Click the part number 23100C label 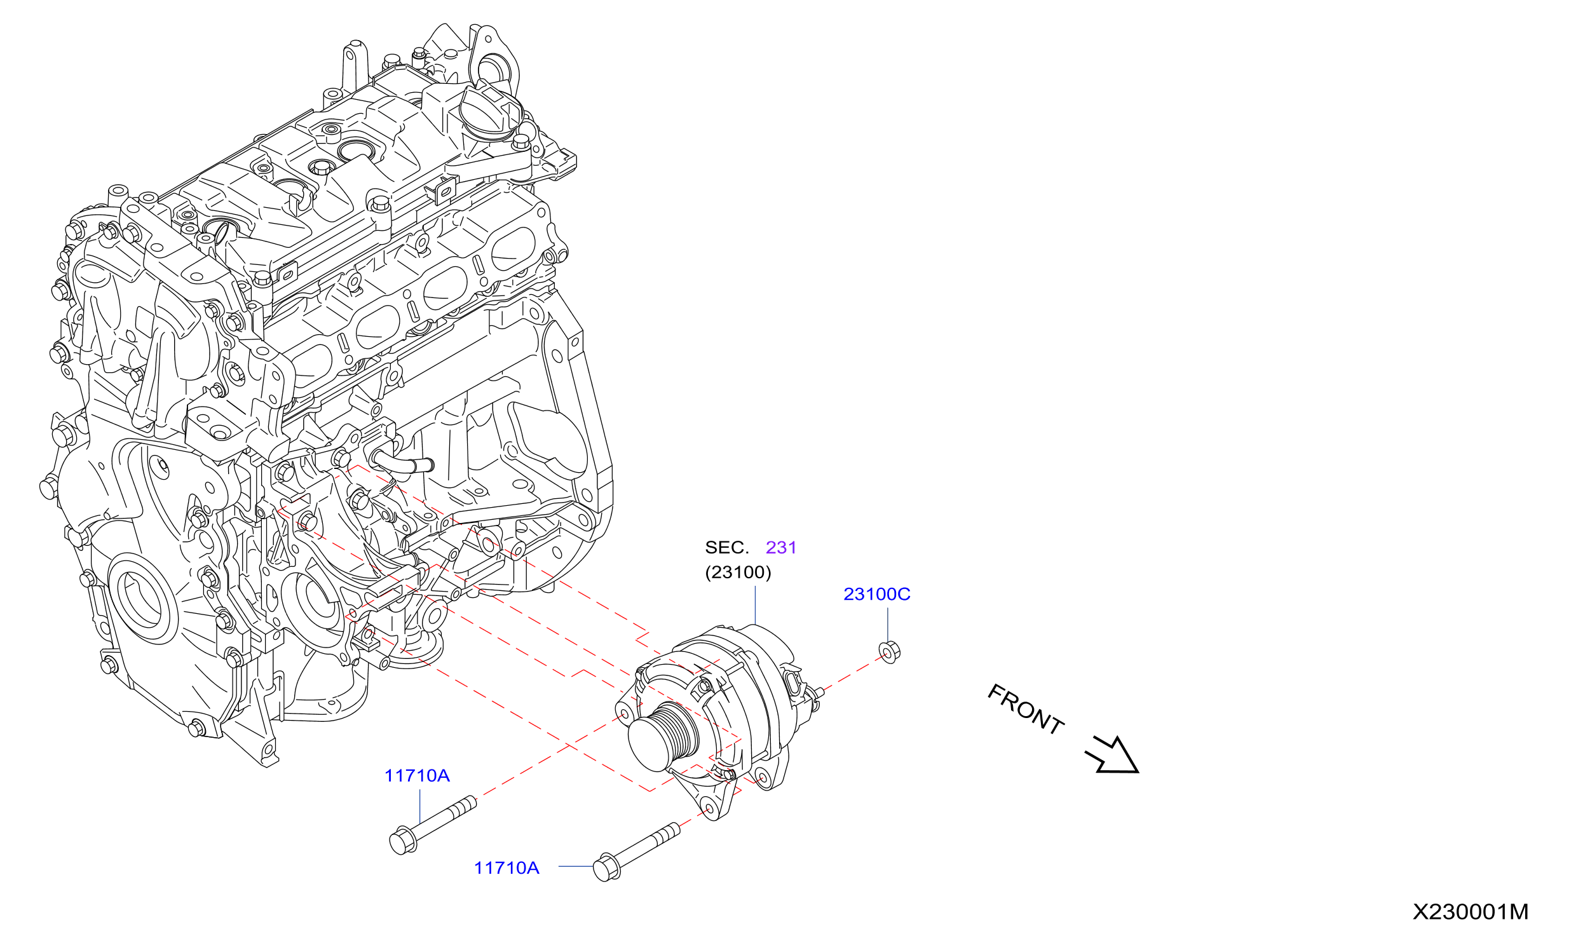[876, 594]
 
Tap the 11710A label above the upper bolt [417, 776]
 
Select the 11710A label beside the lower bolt [506, 868]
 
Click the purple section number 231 [781, 548]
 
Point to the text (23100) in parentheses [738, 573]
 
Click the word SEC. [727, 548]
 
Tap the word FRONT [1026, 709]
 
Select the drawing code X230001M [1471, 912]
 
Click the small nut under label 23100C [889, 653]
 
